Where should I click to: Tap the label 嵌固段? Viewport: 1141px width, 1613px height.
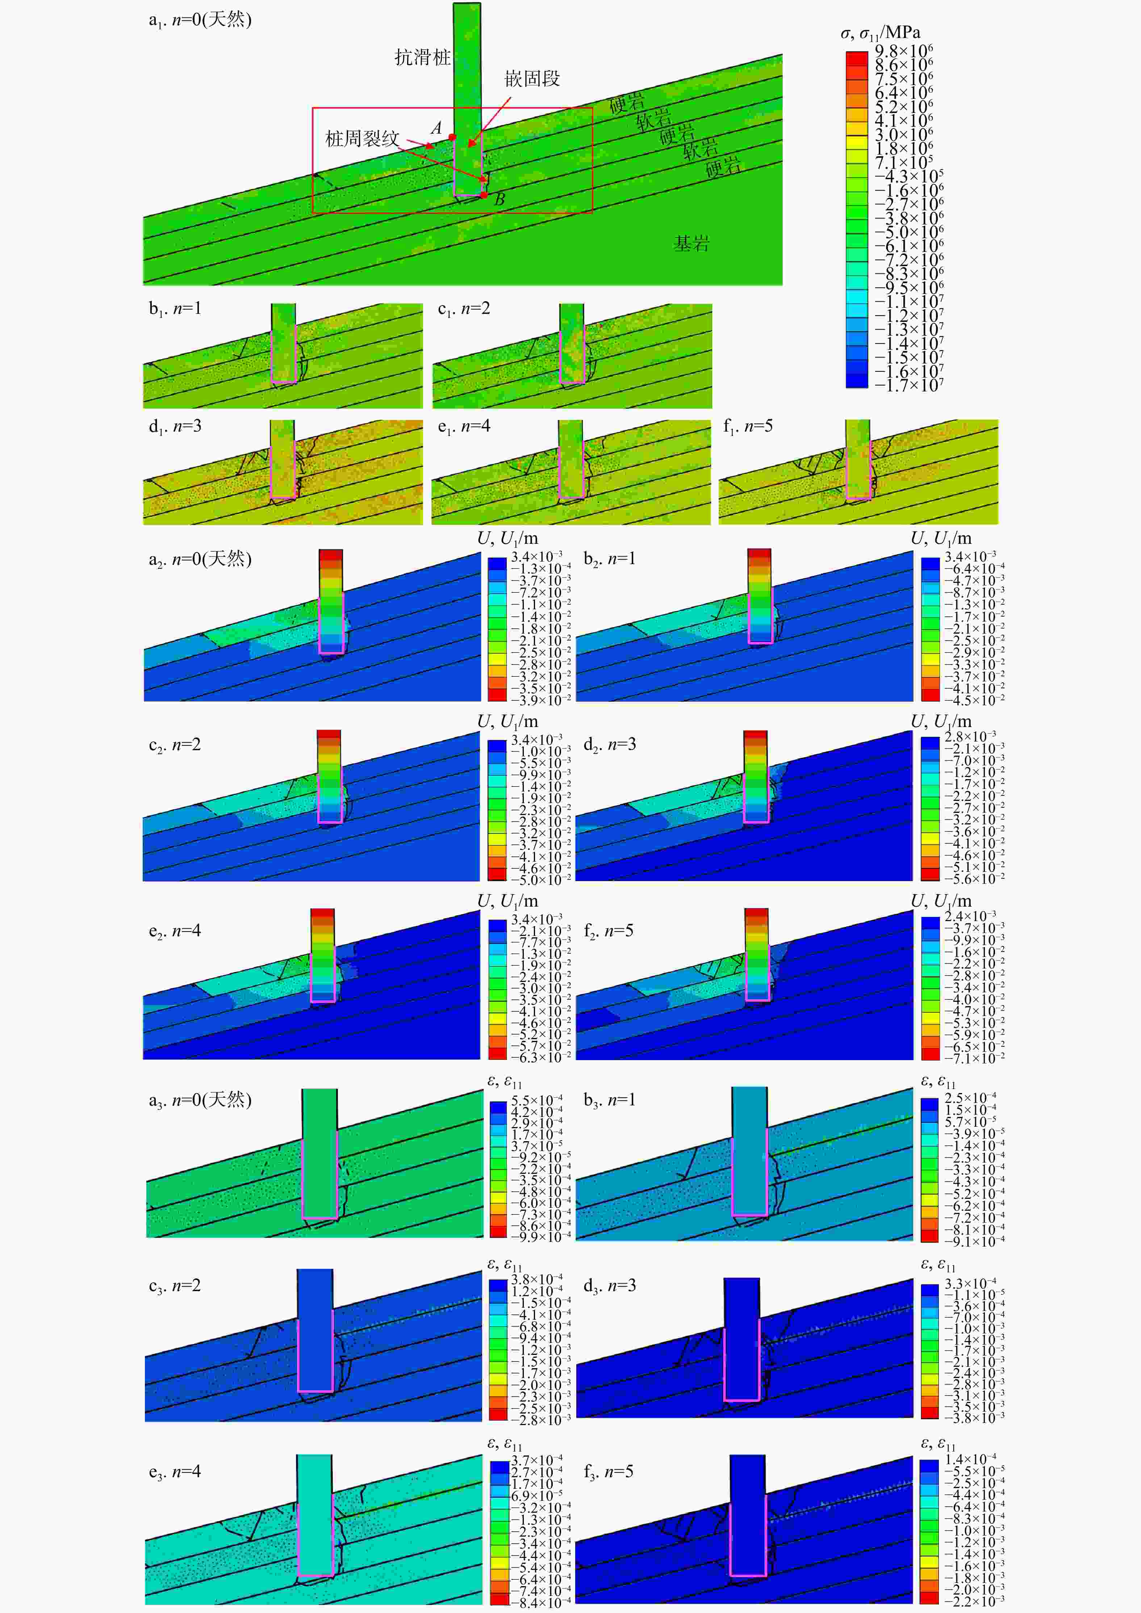pos(532,79)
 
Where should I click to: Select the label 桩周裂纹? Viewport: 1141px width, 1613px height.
pos(362,138)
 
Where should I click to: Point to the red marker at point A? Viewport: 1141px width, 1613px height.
pos(453,137)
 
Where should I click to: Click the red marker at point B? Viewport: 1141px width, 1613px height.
pos(484,194)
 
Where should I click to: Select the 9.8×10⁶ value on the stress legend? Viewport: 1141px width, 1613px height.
pos(903,51)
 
